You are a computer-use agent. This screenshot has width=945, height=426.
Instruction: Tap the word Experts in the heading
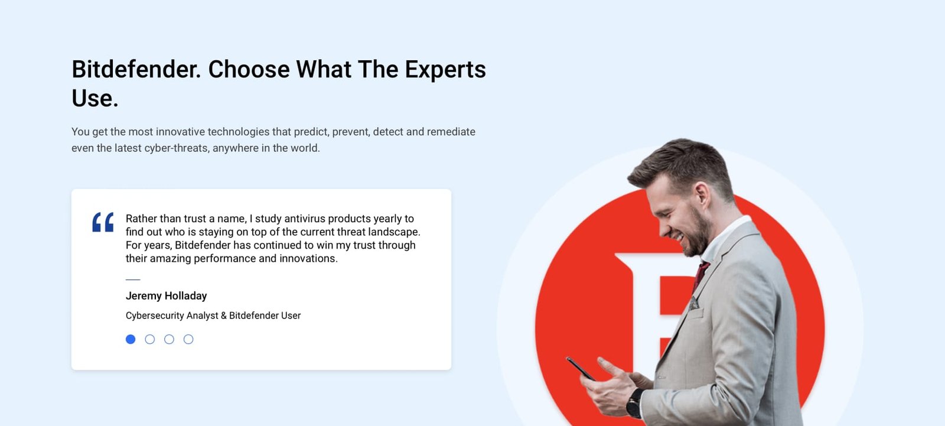click(445, 70)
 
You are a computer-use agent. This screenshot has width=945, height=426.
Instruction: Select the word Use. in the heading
click(95, 98)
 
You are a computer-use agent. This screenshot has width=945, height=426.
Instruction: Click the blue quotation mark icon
click(103, 222)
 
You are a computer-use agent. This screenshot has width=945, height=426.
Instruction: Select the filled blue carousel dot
click(131, 339)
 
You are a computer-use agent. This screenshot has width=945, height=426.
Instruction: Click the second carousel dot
click(150, 339)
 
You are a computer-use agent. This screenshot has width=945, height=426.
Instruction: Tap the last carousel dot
click(188, 339)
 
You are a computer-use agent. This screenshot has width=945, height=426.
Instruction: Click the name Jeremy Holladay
click(166, 296)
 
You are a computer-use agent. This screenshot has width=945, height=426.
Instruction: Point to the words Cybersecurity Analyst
click(172, 316)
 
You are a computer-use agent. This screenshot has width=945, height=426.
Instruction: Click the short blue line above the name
click(133, 279)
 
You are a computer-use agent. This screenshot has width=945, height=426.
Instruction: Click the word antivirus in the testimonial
click(305, 219)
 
